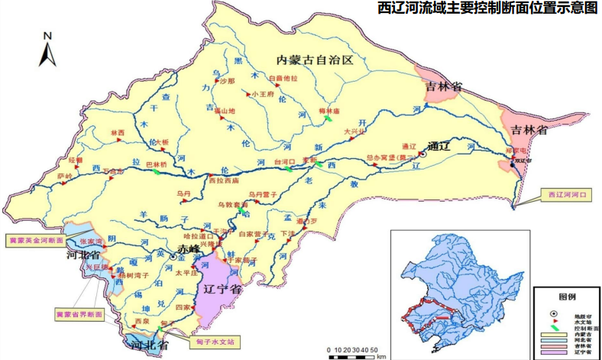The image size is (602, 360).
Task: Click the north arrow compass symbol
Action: [47, 50]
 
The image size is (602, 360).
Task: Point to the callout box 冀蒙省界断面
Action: [79, 313]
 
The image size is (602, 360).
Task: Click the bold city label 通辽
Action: [442, 146]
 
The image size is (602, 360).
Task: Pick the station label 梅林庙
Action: [329, 111]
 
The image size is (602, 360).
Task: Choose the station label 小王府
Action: [261, 95]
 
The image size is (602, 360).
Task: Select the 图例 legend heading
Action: [566, 297]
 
